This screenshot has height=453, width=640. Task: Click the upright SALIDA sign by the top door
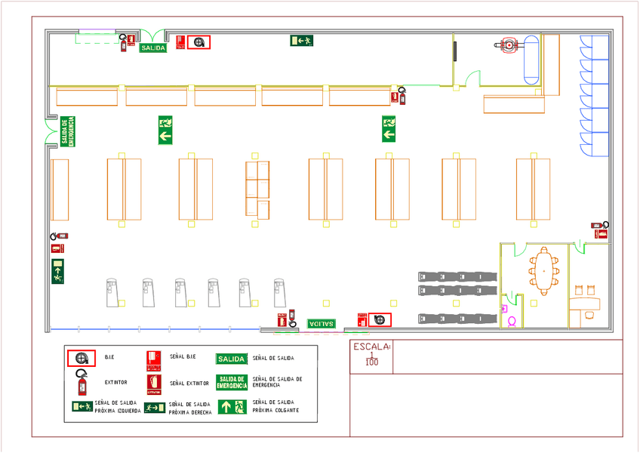pyautogui.click(x=152, y=48)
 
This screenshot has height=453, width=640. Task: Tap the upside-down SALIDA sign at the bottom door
pyautogui.click(x=322, y=324)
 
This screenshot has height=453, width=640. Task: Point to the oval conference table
pyautogui.click(x=543, y=271)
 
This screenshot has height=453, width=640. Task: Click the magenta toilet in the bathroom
pyautogui.click(x=512, y=322)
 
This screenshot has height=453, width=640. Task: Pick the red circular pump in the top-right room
pyautogui.click(x=507, y=45)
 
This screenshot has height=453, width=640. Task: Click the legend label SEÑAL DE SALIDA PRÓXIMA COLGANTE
pyautogui.click(x=276, y=406)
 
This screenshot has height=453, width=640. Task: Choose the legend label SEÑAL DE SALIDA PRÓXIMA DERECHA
pyautogui.click(x=190, y=408)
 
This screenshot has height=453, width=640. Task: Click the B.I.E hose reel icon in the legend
pyautogui.click(x=81, y=358)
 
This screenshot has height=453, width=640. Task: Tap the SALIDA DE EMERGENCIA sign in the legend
pyautogui.click(x=232, y=382)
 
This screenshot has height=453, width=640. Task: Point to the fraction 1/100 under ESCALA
pyautogui.click(x=371, y=359)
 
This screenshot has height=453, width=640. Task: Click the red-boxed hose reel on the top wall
pyautogui.click(x=199, y=43)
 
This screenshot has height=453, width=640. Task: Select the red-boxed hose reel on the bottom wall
pyautogui.click(x=380, y=320)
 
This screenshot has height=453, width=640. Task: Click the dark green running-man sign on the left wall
pyautogui.click(x=58, y=270)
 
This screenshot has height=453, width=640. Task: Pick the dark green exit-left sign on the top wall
pyautogui.click(x=301, y=41)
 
